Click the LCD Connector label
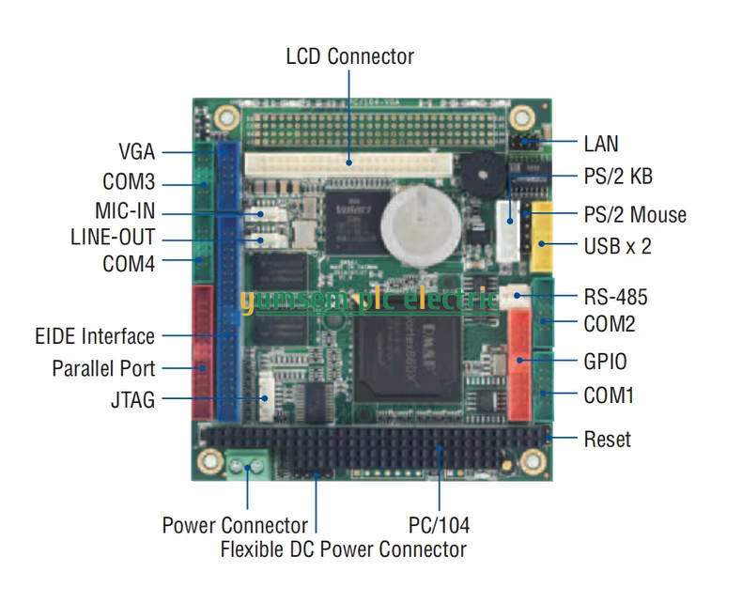point(349,56)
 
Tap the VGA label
point(136,151)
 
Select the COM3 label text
point(129,182)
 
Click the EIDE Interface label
point(94,335)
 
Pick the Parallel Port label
point(103,368)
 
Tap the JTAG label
point(131,400)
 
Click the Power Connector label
point(235,524)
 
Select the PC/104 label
point(439,524)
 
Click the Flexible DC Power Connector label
point(343,549)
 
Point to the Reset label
point(608,439)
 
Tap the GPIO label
point(605,361)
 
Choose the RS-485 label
point(615,299)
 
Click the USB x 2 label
point(617,246)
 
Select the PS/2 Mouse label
point(634,215)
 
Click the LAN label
point(601,144)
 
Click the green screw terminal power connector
point(247,463)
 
